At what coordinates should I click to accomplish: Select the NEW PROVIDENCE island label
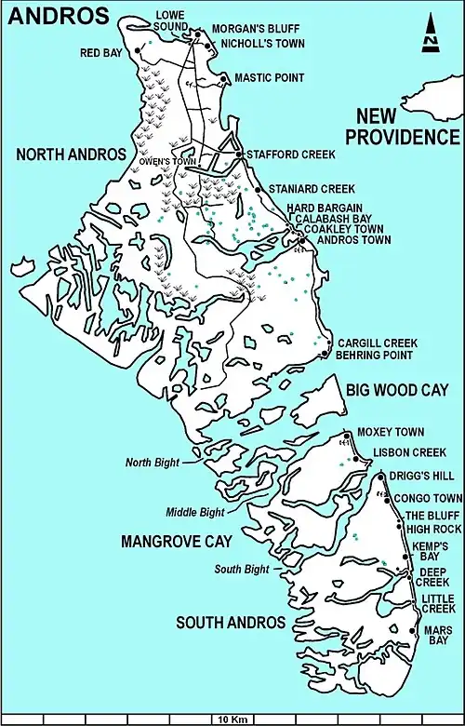click(403, 127)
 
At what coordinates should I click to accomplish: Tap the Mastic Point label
click(267, 78)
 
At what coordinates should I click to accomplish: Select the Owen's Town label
click(167, 161)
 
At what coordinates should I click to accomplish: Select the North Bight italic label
click(151, 461)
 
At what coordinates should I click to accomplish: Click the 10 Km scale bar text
click(232, 719)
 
